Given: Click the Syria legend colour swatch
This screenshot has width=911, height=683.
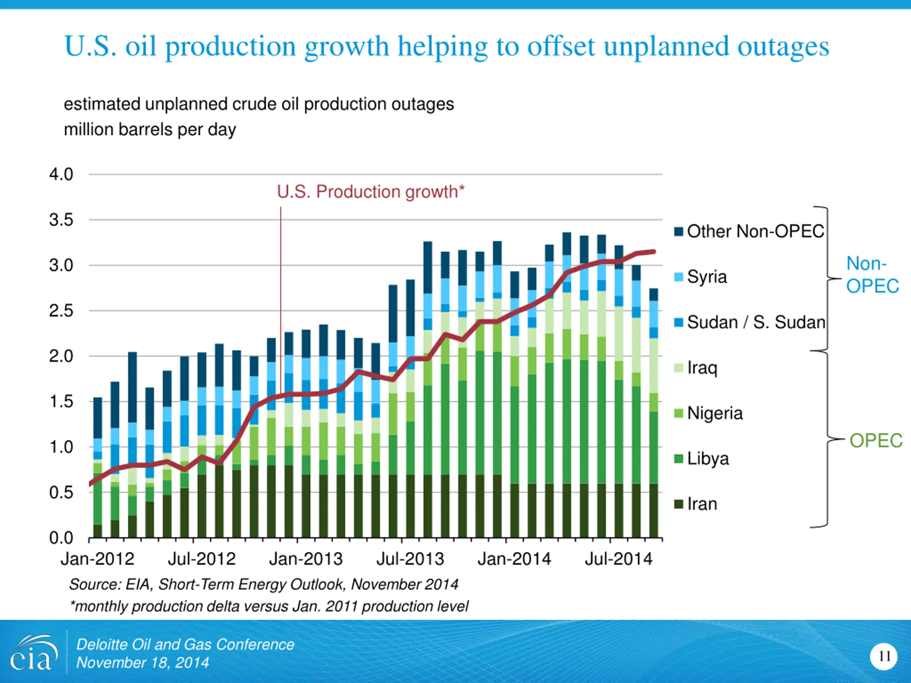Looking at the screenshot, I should click(678, 277).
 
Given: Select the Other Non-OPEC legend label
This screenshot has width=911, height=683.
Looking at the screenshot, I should click(755, 231).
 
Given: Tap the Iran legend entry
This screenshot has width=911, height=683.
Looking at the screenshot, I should click(702, 504).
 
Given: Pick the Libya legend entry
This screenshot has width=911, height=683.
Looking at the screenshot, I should click(707, 459).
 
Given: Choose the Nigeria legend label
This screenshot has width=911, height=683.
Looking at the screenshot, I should click(715, 413).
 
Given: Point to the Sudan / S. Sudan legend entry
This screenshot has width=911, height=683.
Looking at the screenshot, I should click(756, 322).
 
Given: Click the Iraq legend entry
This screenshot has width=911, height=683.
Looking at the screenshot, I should click(702, 367).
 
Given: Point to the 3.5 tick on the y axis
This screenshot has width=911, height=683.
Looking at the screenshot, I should click(61, 220).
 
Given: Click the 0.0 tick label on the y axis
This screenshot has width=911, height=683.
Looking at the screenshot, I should click(61, 538).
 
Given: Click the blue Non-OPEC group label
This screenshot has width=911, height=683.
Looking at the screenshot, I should click(872, 275).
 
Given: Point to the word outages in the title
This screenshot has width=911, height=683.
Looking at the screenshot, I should click(783, 46).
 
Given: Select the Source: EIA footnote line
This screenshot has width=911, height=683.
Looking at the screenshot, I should click(264, 584).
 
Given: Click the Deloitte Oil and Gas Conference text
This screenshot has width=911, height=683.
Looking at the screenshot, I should click(185, 645).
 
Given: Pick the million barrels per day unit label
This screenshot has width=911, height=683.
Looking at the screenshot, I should click(150, 130).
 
